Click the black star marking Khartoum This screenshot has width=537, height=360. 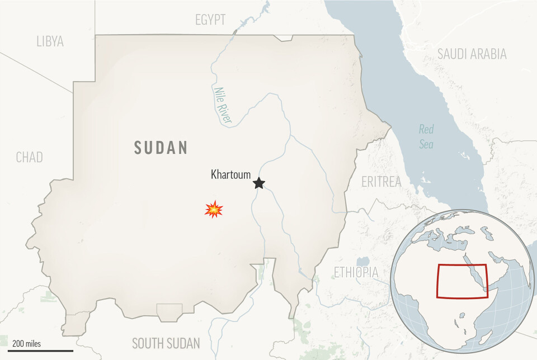tap(258, 183)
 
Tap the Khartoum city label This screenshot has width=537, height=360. tap(230, 174)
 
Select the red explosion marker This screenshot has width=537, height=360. tap(214, 209)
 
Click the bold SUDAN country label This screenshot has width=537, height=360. tap(161, 148)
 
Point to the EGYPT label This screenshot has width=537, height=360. tap(210, 21)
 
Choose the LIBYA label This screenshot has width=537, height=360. tap(50, 41)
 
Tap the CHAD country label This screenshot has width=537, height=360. tap(29, 158)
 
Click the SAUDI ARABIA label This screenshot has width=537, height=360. tap(472, 54)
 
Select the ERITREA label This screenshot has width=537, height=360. tap(381, 182)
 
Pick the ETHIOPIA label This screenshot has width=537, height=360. tap(356, 272)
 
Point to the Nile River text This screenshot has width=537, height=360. tap(222, 105)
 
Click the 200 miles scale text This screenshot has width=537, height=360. tap(26, 343)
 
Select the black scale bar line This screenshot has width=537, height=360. tap(40, 350)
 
